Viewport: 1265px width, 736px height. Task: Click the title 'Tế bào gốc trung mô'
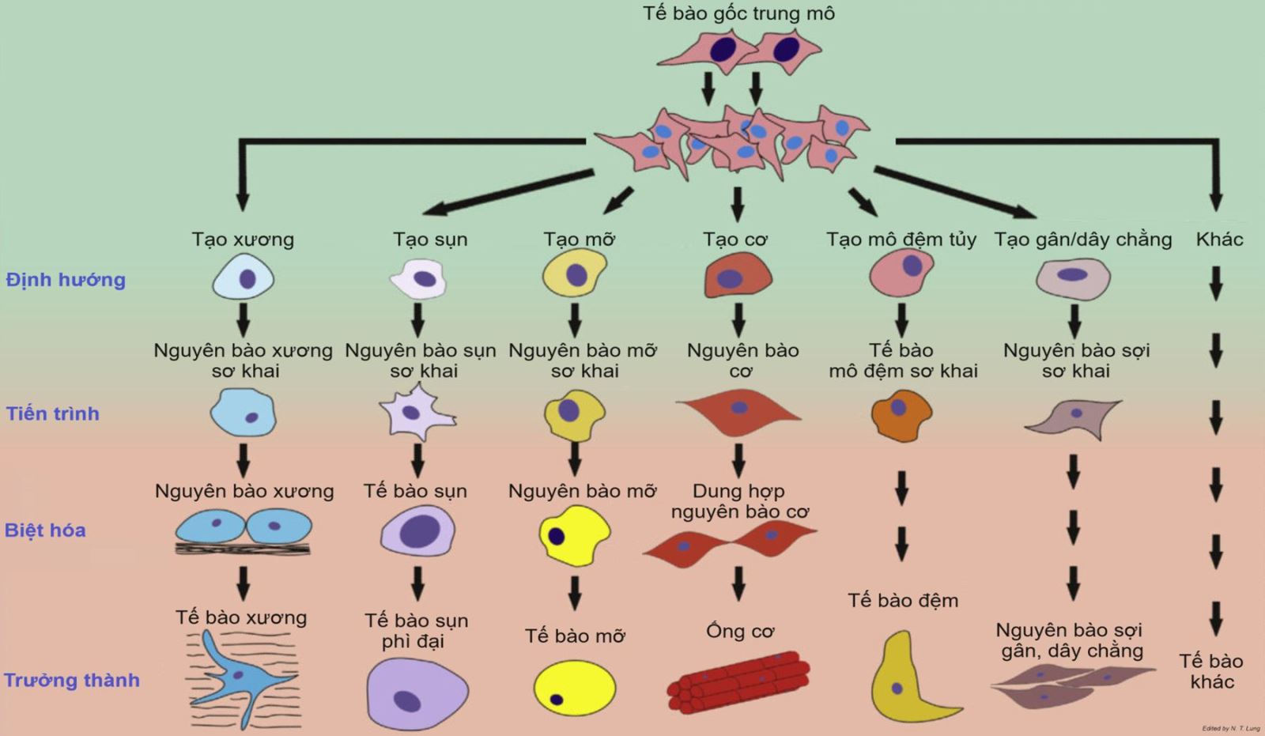tap(738, 13)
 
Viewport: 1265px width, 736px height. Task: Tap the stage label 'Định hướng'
tap(66, 280)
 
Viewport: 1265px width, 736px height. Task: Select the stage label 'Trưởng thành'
tap(72, 680)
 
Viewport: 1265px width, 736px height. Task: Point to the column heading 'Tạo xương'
tap(243, 239)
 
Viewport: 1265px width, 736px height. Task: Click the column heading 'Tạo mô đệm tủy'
tap(901, 239)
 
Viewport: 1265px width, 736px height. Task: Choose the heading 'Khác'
tap(1219, 239)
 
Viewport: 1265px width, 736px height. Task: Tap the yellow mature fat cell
tap(575, 687)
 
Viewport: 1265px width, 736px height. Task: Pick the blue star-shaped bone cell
tap(237, 676)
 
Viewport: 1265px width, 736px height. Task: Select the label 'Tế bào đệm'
tap(903, 600)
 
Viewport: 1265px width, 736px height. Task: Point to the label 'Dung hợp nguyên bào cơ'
tap(739, 501)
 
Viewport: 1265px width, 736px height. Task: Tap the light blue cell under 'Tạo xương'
tap(244, 279)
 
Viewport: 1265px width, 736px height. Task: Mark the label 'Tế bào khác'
tap(1211, 671)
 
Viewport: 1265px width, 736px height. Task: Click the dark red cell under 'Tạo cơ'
tap(738, 278)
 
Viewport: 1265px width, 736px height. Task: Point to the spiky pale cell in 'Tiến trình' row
tap(416, 413)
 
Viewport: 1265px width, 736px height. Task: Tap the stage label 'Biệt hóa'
tap(45, 530)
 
